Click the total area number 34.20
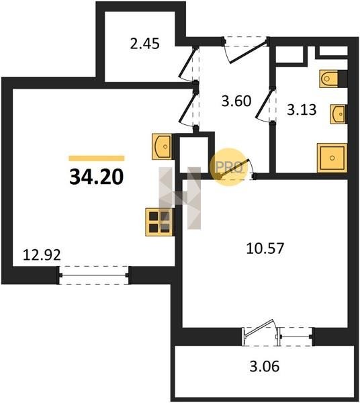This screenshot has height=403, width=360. click(97, 177)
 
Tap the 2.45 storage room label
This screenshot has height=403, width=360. click(144, 44)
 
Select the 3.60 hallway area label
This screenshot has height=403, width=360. click(236, 101)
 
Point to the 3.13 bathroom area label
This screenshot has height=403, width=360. click(302, 109)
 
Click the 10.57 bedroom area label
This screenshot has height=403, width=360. click(265, 249)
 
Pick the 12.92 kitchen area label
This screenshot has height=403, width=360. click(42, 255)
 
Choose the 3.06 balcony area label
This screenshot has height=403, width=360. click(265, 366)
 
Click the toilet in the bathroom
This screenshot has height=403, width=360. click(333, 79)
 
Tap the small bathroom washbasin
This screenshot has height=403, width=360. click(339, 114)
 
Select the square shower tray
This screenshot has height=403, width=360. click(332, 158)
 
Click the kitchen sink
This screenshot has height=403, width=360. click(162, 146)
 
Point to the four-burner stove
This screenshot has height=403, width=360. click(159, 222)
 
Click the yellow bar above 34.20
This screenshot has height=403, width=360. click(97, 159)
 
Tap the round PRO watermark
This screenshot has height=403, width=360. click(228, 167)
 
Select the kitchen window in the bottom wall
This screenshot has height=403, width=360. click(94, 275)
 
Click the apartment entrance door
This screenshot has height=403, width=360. click(246, 50)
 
